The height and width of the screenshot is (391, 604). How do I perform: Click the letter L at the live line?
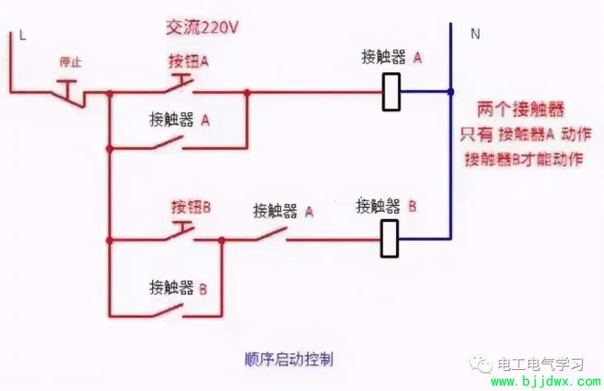[23, 35]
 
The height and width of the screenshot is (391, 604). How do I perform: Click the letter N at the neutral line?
[475, 34]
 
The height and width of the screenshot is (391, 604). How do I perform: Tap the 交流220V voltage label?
[202, 27]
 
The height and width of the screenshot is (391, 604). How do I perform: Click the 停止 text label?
[70, 62]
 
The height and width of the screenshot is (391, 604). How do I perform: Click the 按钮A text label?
[188, 61]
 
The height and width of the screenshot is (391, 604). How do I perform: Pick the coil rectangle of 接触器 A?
[391, 92]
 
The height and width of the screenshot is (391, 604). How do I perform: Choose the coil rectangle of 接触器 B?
[389, 238]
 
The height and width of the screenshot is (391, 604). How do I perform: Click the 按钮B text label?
[191, 208]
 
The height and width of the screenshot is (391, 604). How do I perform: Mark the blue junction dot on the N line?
[450, 92]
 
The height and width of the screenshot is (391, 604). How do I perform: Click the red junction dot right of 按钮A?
[247, 92]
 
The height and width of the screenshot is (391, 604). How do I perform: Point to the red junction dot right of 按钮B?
[221, 241]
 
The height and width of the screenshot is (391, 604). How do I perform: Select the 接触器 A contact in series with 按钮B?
[272, 235]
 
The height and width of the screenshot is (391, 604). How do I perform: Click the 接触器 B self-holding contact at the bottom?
[168, 311]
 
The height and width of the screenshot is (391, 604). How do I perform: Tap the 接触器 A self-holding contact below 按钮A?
[168, 143]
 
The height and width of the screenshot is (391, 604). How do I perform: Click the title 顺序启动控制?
[289, 360]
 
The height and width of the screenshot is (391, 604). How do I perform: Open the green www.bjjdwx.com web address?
[545, 381]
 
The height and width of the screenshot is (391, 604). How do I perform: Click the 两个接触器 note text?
[521, 110]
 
